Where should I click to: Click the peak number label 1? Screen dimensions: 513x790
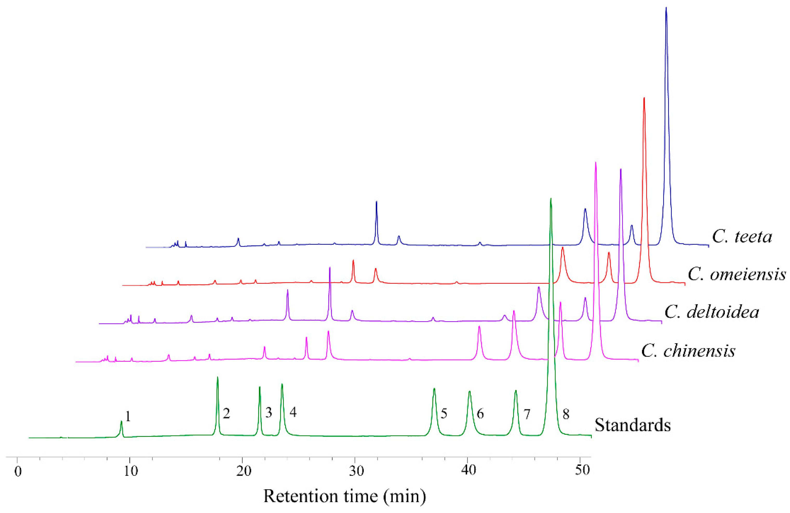click(x=128, y=416)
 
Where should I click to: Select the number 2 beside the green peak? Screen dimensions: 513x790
click(x=226, y=414)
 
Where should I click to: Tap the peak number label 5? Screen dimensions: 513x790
click(x=444, y=414)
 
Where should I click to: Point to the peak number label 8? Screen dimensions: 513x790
click(x=566, y=414)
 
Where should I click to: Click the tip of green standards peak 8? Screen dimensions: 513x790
click(x=551, y=199)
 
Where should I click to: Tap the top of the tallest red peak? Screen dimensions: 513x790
click(x=644, y=98)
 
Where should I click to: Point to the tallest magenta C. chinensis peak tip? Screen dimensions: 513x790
click(x=596, y=163)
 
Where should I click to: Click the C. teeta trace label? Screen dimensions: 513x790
click(x=742, y=237)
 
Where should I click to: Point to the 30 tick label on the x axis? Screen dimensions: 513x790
click(x=356, y=471)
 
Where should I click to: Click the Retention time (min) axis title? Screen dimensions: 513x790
click(x=345, y=496)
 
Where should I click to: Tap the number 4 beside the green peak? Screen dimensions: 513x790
click(x=293, y=412)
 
